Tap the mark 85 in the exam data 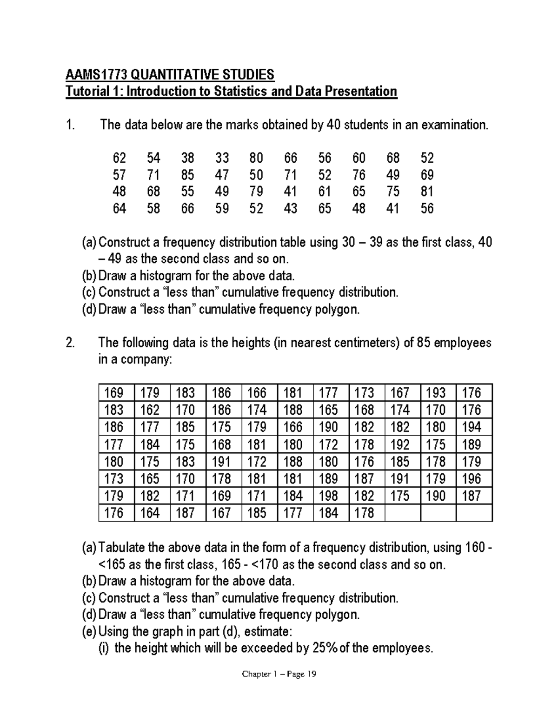(x=187, y=175)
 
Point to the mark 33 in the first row (x=222, y=159)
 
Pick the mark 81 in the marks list (x=427, y=192)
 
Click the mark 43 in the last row (x=290, y=209)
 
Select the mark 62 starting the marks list (x=119, y=159)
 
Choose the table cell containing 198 (x=328, y=496)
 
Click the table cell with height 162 (x=150, y=410)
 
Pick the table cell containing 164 (x=150, y=513)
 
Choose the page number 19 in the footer (x=311, y=674)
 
